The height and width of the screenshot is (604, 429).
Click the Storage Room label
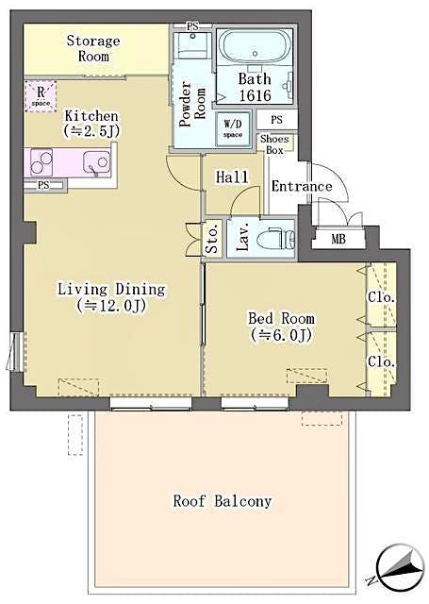coord(92,48)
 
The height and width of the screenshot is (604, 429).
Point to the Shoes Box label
coord(275,143)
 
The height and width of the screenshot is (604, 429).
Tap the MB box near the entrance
coord(338,239)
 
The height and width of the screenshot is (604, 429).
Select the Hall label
coord(232,176)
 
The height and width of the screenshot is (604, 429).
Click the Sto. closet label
coord(212,240)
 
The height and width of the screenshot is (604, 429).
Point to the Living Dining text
coord(110,289)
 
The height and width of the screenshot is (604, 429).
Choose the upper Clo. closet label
coord(382,297)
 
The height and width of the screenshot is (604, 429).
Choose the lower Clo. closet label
coord(382,361)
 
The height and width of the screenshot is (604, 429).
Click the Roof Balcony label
coord(222,501)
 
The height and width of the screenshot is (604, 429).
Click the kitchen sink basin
coord(96,163)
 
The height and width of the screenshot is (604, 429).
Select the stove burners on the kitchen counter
coord(43,163)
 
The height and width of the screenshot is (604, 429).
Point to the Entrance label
coord(302,186)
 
